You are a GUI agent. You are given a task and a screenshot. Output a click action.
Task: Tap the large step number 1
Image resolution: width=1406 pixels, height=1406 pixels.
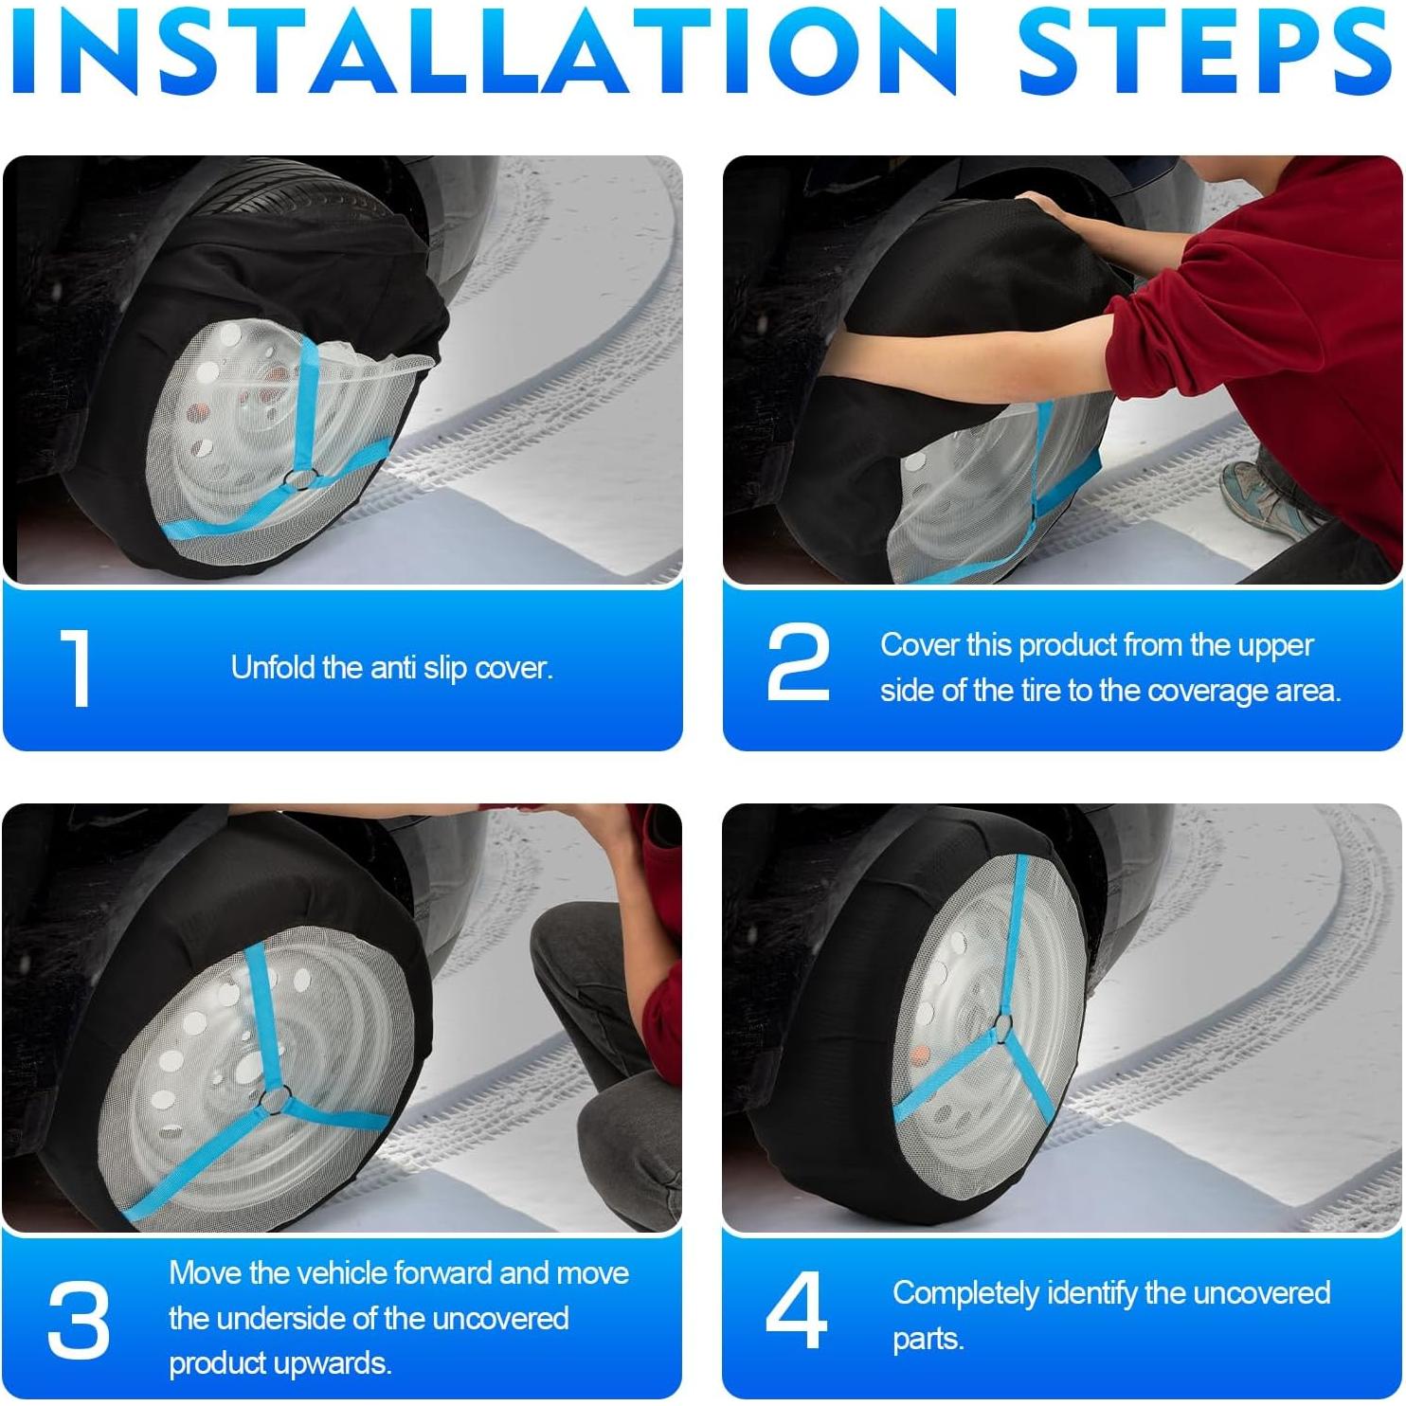tap(76, 669)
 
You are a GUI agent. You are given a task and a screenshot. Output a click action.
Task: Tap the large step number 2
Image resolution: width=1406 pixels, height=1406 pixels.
tap(798, 663)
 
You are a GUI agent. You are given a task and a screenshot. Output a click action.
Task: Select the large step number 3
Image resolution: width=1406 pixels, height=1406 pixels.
tap(78, 1318)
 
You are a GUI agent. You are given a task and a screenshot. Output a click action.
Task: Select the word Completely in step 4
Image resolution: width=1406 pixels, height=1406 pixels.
tap(965, 1293)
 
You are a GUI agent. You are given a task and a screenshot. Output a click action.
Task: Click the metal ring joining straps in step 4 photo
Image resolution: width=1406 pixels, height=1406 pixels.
tap(1002, 1027)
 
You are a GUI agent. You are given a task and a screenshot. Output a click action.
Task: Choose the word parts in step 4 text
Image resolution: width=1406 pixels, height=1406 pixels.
tap(928, 1340)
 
